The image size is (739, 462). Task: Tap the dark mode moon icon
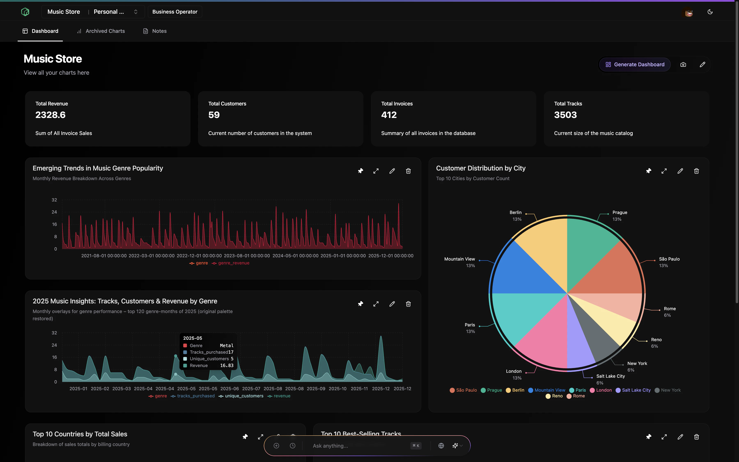(710, 12)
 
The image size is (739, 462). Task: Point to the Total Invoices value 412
(389, 115)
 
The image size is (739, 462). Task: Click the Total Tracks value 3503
(565, 115)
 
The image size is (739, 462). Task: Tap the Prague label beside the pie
(620, 212)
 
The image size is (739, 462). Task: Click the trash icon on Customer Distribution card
(696, 171)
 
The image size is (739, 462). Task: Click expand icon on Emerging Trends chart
(376, 171)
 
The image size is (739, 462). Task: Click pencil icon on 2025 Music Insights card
(392, 304)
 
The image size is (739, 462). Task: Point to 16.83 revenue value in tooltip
(227, 365)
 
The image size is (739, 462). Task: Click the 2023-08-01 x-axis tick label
(247, 256)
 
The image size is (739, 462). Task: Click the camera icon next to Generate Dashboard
(683, 64)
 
